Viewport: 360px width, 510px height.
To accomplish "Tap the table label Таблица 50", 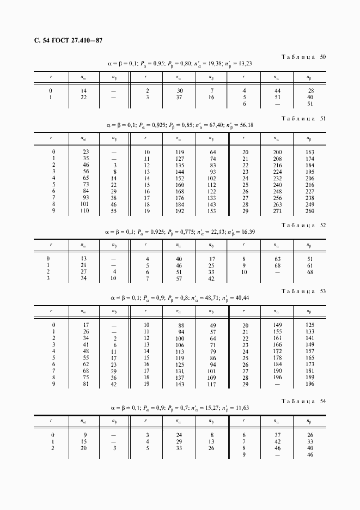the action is coord(303,57).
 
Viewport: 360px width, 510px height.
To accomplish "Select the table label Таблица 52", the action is coord(303,225).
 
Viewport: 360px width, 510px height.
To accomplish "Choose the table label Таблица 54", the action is coord(303,402).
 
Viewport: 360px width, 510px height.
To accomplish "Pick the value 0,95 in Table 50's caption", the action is coord(158,64).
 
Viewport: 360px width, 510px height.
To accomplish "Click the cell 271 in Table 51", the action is coord(277,210).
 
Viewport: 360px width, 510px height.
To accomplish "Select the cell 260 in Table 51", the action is coord(310,210).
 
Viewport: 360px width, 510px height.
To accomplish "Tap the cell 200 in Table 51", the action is coord(277,152).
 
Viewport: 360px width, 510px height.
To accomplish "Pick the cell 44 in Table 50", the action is coord(277,90).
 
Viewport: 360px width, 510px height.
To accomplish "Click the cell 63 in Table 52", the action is coord(277,259).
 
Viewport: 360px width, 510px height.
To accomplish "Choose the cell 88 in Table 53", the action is coord(181,325).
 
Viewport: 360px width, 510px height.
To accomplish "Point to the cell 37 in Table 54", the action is coord(277,435).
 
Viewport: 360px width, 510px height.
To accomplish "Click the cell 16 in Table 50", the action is coord(212,97).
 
